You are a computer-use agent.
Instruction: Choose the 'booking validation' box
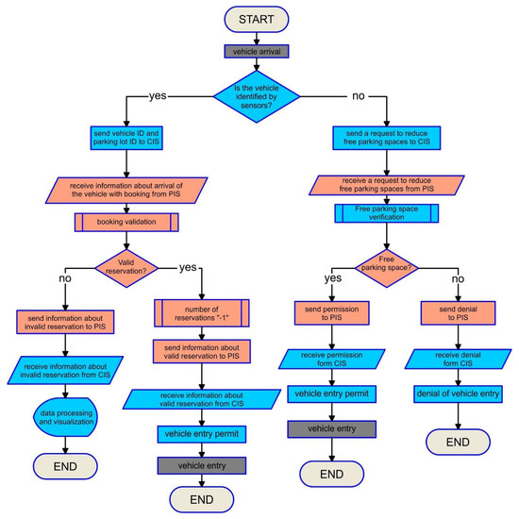pyautogui.click(x=127, y=224)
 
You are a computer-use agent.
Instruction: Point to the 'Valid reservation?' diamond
pyautogui.click(x=127, y=266)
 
